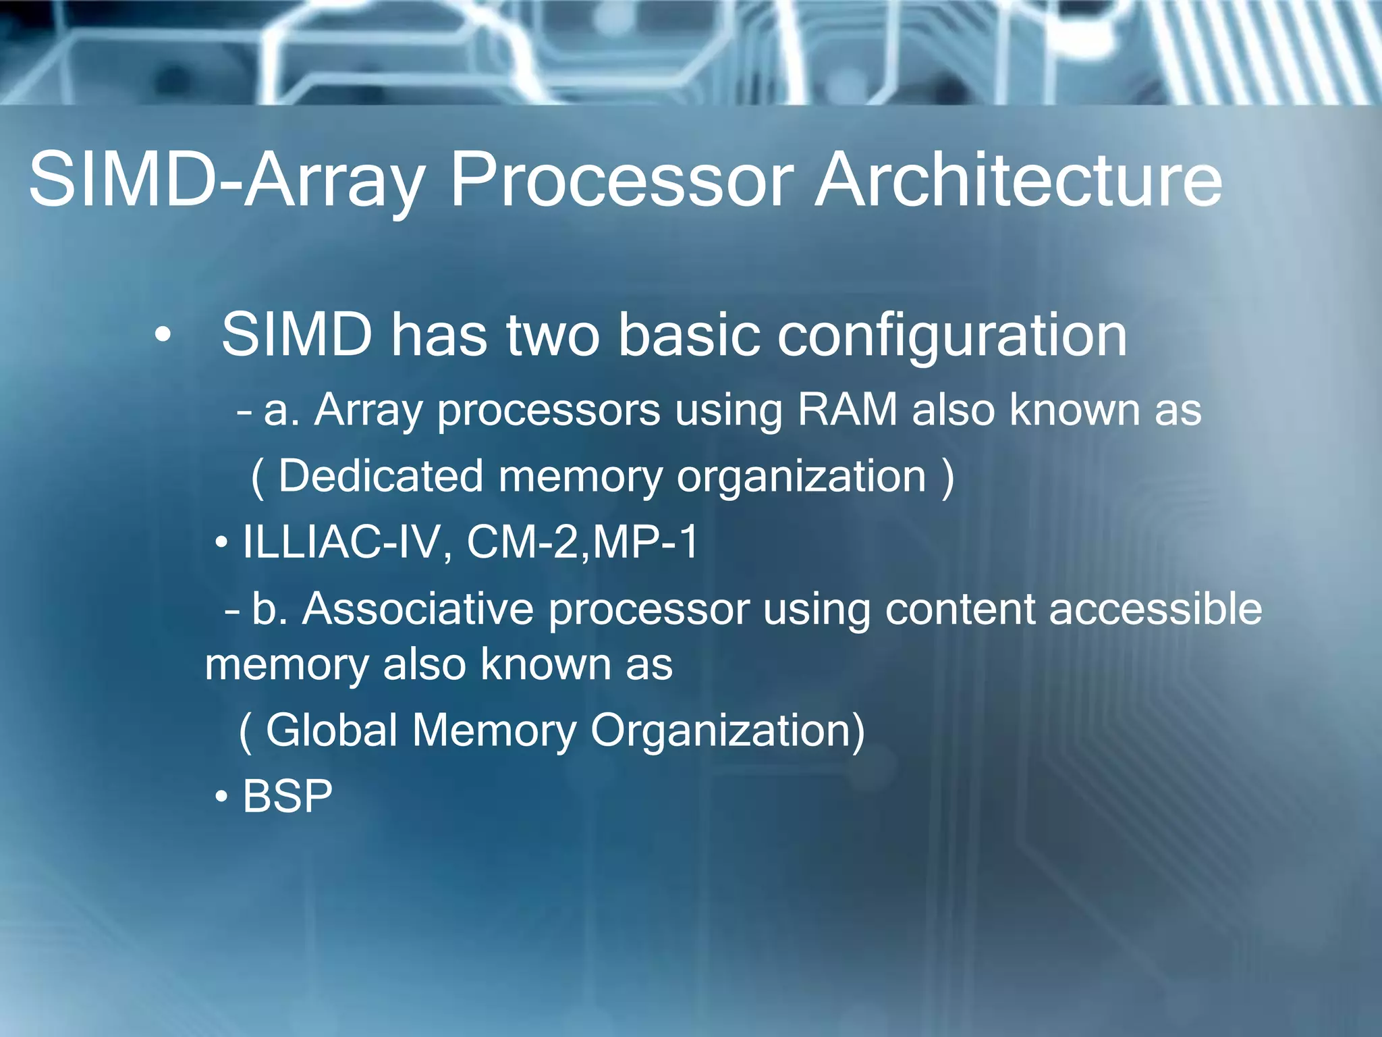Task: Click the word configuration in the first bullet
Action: [951, 336]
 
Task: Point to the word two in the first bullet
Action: [553, 336]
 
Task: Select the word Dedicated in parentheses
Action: [381, 476]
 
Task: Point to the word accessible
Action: [1155, 609]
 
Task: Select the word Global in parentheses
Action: [331, 730]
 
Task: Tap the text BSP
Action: [287, 796]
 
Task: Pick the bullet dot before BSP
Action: [221, 797]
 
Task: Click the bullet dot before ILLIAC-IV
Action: [221, 543]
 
